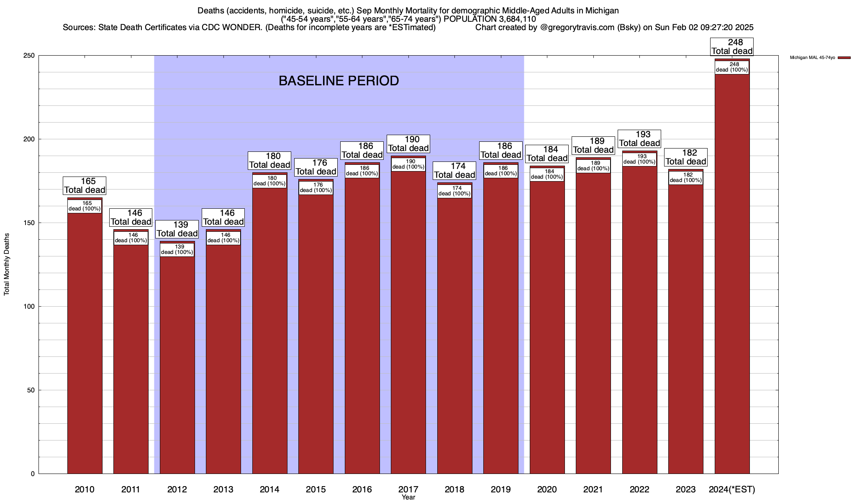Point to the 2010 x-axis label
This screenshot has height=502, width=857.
tap(85, 489)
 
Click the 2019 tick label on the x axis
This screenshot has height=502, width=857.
tap(501, 489)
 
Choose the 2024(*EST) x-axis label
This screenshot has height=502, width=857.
tap(732, 489)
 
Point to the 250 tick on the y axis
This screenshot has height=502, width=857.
tap(30, 56)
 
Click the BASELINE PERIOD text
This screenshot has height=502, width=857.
tap(339, 81)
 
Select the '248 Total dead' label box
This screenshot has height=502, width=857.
tap(732, 47)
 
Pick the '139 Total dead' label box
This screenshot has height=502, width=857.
tap(177, 229)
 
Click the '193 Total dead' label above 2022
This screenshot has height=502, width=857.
tap(639, 139)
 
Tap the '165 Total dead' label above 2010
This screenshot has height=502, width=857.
tap(85, 186)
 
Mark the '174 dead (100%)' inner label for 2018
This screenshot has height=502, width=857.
tap(454, 191)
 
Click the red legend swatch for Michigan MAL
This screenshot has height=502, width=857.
tap(844, 58)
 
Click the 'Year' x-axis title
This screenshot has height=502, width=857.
tap(408, 497)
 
